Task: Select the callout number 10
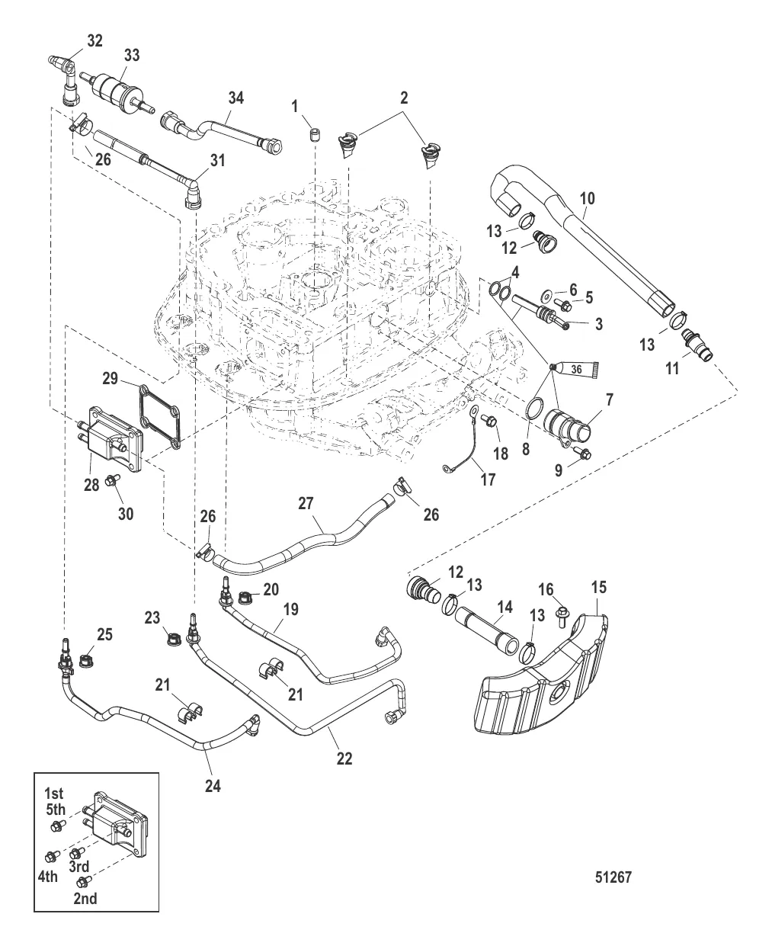point(587,199)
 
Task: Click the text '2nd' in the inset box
point(85,898)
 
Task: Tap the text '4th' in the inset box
point(47,877)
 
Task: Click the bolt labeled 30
point(112,479)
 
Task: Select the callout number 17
point(487,479)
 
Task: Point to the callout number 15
point(600,587)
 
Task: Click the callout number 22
point(344,758)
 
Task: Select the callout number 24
point(213,784)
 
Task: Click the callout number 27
point(306,503)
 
